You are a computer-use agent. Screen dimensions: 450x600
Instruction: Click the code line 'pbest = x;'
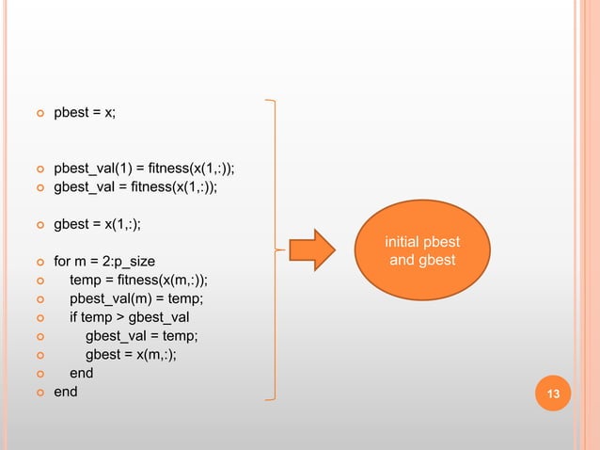86,113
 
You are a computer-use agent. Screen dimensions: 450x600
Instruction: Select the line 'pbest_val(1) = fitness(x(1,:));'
144,169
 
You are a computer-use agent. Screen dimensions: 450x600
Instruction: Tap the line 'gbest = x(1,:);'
98,224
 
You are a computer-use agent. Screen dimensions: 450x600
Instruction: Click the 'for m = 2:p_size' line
104,261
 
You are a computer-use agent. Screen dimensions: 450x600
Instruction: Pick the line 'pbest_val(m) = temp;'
135,298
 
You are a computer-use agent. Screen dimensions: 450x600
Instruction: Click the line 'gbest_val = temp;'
141,335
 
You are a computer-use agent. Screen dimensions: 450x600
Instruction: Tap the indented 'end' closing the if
81,373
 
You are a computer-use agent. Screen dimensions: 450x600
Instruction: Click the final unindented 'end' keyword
66,391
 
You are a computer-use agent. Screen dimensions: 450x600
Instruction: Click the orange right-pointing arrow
311,250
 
